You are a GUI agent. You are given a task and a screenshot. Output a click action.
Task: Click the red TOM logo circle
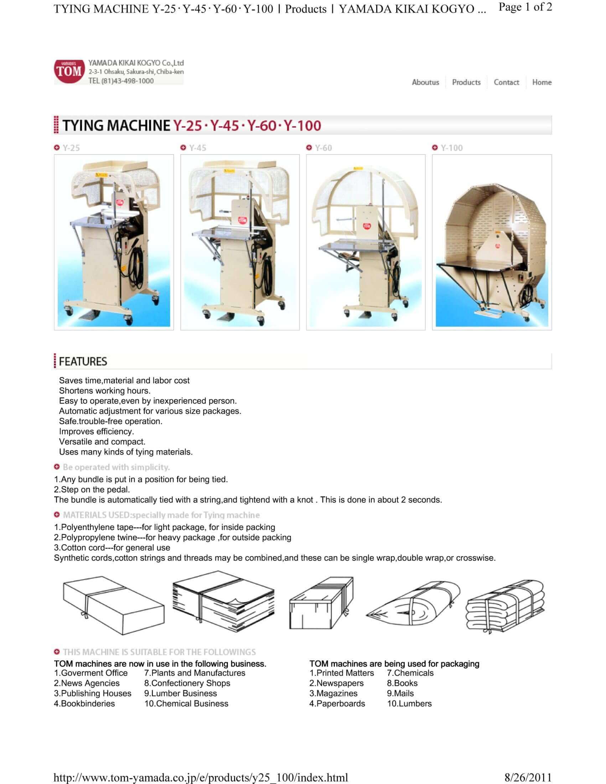tap(69, 71)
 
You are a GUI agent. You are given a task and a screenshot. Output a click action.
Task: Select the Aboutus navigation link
tap(425, 82)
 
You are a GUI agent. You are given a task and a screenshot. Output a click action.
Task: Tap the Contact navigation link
tap(506, 82)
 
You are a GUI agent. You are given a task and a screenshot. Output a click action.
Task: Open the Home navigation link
tap(542, 82)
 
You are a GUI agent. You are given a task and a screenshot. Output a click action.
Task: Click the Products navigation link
tap(466, 82)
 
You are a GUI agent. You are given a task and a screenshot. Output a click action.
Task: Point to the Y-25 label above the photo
tap(71, 148)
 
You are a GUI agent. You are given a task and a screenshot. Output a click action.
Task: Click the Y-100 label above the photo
tap(452, 148)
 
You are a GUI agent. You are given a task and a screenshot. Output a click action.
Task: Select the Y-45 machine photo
tap(240, 242)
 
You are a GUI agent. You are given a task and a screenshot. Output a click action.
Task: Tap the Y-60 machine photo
tap(366, 242)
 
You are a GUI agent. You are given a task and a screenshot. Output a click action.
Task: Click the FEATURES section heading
tap(83, 361)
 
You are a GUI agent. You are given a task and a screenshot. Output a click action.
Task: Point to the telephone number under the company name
tap(121, 81)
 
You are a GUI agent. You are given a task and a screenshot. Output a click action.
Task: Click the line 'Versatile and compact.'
tap(102, 442)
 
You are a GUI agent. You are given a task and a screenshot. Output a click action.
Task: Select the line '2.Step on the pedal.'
tap(92, 489)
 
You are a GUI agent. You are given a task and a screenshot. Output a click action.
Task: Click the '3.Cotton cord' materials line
tap(112, 547)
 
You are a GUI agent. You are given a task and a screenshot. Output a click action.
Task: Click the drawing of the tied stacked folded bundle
tap(505, 607)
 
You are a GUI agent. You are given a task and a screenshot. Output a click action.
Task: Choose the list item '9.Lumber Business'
tap(181, 693)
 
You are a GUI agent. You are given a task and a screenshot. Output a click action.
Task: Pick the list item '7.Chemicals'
tap(410, 673)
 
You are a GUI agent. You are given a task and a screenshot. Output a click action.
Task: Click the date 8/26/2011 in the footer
tap(528, 778)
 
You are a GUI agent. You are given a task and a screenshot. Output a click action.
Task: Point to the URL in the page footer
tap(201, 778)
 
